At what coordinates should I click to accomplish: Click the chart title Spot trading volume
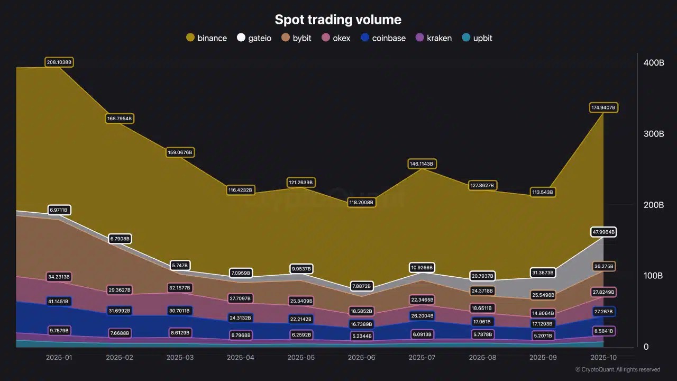coord(338,20)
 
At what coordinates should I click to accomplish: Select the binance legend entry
coord(207,38)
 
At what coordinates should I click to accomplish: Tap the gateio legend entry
coord(254,38)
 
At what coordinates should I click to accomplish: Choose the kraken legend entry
coord(433,38)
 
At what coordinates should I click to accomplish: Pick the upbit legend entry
coord(477,38)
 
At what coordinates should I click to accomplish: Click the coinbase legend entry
coord(383,38)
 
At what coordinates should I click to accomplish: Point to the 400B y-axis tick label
coord(654,63)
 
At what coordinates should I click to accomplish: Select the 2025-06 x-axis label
coord(361,358)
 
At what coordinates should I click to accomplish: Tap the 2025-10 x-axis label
coord(603,358)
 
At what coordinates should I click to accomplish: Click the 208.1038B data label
coord(59,62)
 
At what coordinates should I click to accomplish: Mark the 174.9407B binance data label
coord(603,108)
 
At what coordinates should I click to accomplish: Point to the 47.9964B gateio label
coord(603,232)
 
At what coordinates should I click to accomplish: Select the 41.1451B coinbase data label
coord(59,302)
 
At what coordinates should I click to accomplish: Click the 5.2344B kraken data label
coord(361,336)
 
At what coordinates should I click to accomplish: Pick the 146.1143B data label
coord(422,164)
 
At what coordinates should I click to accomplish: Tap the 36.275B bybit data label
coord(603,266)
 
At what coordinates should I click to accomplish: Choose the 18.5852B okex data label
coord(361,311)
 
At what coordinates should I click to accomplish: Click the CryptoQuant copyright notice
coord(617,369)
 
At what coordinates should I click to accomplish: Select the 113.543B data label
coord(542,193)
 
